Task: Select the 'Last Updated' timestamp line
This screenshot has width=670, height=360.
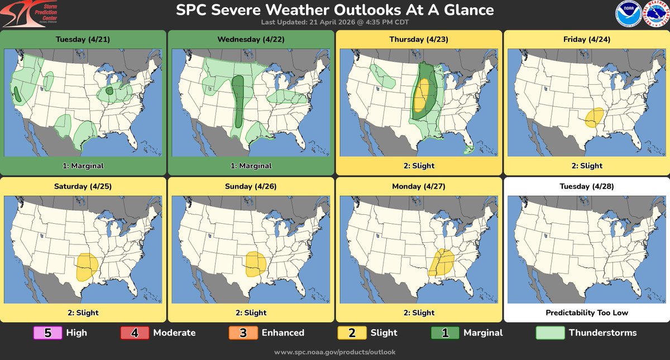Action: [334, 22]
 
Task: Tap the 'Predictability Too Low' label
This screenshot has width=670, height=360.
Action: [586, 313]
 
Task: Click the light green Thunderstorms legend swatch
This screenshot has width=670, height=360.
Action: [549, 333]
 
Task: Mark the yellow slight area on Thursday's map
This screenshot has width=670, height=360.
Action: [423, 94]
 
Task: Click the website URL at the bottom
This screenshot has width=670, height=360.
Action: [335, 352]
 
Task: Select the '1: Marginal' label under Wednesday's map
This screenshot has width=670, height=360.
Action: [251, 166]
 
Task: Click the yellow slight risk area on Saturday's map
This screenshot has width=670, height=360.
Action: [87, 266]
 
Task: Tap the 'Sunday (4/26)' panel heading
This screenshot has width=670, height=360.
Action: [251, 186]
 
